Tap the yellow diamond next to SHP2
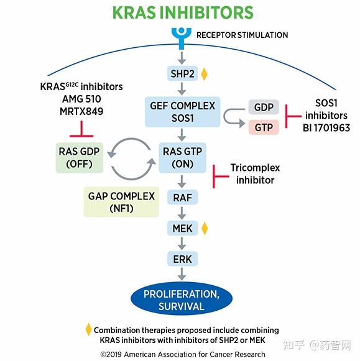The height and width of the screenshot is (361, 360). click(x=204, y=74)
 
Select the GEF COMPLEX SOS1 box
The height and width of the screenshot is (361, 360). click(x=183, y=111)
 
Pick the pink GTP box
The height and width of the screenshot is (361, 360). click(x=264, y=127)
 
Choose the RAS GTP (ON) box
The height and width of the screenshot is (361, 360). click(x=182, y=158)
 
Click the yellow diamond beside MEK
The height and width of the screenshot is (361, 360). click(x=204, y=229)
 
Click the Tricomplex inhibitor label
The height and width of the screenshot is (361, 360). click(x=255, y=174)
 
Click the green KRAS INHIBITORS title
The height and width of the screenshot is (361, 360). click(x=182, y=12)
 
